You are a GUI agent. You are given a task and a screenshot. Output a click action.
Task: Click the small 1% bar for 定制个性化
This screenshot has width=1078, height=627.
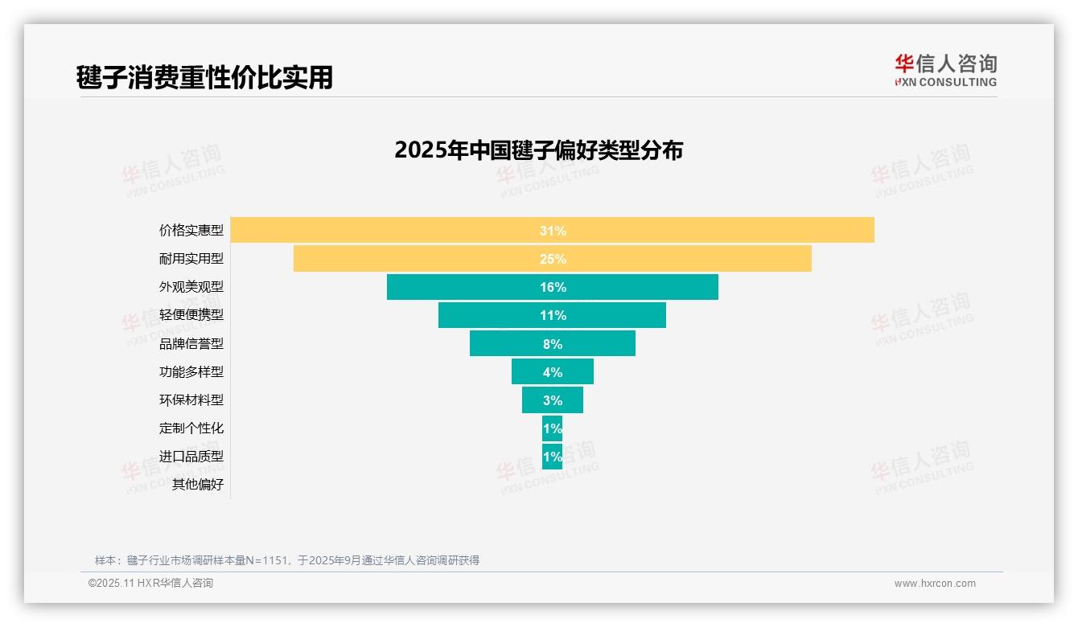click(552, 428)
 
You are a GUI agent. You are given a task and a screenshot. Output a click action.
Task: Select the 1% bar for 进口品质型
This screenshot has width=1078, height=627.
click(552, 457)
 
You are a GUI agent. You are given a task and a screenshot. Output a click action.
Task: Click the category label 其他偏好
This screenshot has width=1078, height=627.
click(198, 485)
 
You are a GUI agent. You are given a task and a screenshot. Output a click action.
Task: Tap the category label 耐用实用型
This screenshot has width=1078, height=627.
click(191, 259)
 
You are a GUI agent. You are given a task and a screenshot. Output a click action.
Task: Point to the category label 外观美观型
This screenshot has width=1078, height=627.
click(191, 287)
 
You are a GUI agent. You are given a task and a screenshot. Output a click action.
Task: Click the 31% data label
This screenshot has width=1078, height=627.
click(553, 231)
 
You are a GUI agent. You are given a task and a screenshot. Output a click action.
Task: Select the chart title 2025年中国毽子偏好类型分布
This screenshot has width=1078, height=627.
click(538, 150)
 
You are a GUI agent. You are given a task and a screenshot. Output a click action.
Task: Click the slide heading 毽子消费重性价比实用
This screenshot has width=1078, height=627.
click(204, 77)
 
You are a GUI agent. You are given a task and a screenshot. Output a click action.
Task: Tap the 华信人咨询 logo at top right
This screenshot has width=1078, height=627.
click(945, 70)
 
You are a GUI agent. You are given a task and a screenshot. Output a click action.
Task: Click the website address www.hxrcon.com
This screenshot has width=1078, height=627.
click(935, 584)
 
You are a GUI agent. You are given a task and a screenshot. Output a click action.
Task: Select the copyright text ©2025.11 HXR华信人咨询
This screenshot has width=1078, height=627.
click(150, 584)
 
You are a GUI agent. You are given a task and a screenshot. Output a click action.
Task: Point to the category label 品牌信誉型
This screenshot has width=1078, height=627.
click(191, 343)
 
